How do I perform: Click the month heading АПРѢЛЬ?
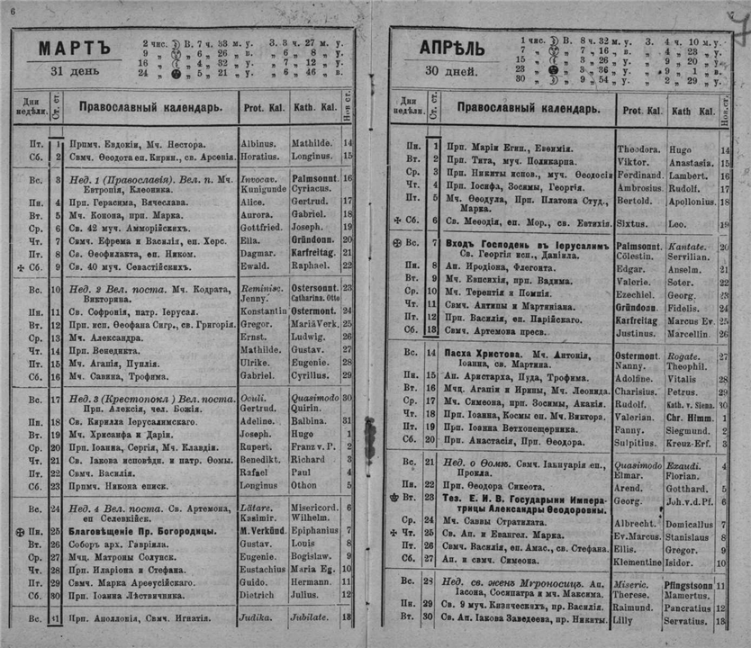click(452, 48)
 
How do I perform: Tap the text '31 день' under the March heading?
click(69, 73)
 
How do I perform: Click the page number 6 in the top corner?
click(13, 8)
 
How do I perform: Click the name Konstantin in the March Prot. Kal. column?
click(263, 311)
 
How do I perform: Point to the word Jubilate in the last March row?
click(310, 619)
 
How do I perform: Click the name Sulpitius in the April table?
click(639, 444)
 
